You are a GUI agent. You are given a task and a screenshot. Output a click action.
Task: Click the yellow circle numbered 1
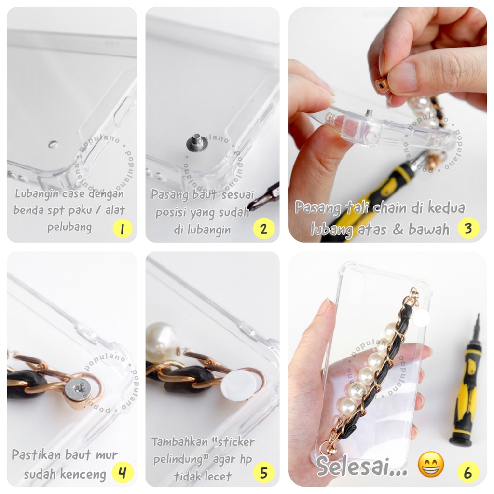point(122,228)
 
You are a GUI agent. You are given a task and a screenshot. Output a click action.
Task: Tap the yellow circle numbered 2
point(264,228)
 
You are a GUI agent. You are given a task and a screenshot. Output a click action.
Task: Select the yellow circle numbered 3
point(468,228)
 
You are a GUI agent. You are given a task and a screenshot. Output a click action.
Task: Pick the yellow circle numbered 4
point(123,472)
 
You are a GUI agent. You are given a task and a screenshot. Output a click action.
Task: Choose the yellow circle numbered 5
point(264,472)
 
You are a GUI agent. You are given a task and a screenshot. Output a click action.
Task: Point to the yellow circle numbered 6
point(468,472)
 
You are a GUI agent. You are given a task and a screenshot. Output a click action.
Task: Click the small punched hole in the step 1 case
point(53,144)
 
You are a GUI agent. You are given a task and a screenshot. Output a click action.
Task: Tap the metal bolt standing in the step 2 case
point(195,142)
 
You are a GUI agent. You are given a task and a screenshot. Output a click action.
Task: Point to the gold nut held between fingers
point(382,84)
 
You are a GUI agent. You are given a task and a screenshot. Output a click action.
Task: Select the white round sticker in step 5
point(238,385)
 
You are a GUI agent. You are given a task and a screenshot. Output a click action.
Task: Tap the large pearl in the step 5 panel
point(161,341)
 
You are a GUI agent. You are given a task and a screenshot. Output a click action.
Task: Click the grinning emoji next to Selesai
point(431,464)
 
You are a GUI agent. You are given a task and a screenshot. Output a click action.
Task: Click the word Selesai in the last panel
point(357,466)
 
